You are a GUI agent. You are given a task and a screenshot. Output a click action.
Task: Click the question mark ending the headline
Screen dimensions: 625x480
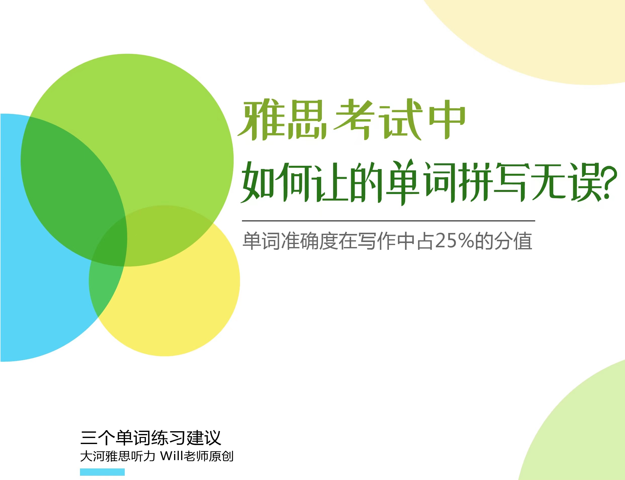tap(608, 183)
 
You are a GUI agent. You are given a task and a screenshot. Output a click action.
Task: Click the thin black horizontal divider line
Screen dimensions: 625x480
tap(389, 221)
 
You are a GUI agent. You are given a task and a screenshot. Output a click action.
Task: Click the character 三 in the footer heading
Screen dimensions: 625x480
tap(89, 438)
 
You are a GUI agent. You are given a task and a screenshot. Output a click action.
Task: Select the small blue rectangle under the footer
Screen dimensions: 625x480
tap(102, 472)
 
